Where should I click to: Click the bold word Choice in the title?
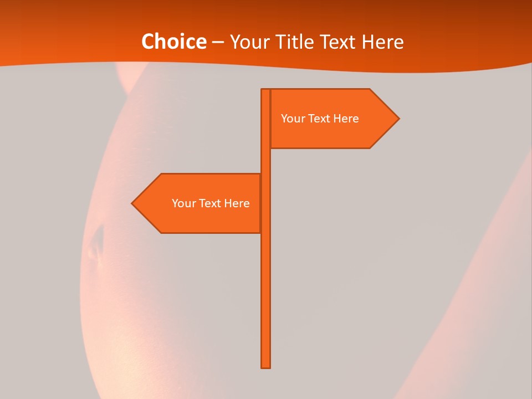click(173, 42)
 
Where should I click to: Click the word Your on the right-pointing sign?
click(291, 119)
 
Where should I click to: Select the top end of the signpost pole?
click(265, 90)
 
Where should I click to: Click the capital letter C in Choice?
click(147, 42)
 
